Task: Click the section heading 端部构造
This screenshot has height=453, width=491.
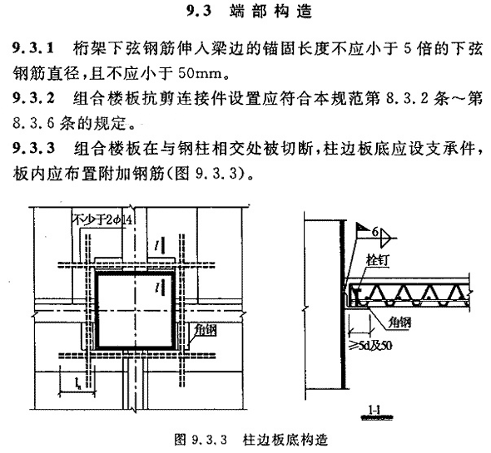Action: coord(270,12)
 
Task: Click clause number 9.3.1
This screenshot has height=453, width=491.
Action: coord(33,49)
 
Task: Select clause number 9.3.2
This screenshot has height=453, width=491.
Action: coord(33,98)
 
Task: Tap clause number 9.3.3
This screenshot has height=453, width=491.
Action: coord(33,148)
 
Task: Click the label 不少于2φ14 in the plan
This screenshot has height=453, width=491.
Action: coord(102,219)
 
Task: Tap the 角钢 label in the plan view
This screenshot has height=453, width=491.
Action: coord(205,330)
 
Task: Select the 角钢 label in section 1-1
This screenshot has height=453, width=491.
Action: coord(399,323)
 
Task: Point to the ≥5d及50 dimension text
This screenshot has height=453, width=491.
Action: coord(371,346)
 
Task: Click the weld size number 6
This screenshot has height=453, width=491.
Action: coord(375,232)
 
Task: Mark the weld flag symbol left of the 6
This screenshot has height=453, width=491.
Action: coord(361,228)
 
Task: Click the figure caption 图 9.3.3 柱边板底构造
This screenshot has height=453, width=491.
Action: coord(250,440)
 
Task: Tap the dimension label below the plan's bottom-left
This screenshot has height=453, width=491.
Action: coord(77,382)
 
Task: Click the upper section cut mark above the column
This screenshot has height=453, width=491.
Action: coord(161,245)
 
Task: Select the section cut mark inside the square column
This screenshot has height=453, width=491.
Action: coord(161,288)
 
